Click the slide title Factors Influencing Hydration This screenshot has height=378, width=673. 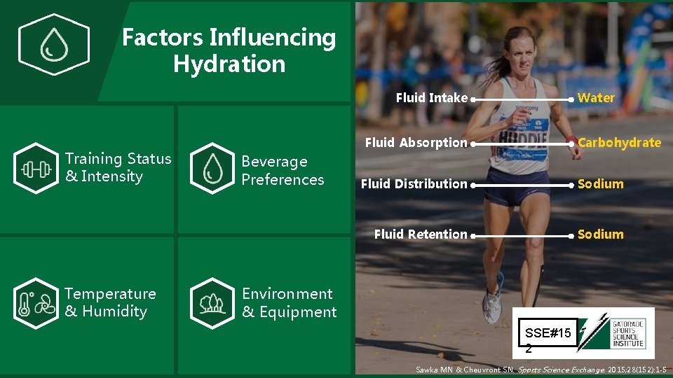pyautogui.click(x=229, y=50)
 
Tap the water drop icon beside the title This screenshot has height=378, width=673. pyautogui.click(x=53, y=45)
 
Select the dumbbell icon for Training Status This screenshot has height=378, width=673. pyautogui.click(x=35, y=168)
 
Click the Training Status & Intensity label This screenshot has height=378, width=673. pyautogui.click(x=118, y=167)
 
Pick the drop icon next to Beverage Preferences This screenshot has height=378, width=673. pyautogui.click(x=212, y=168)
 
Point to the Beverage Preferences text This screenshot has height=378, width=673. pyautogui.click(x=283, y=170)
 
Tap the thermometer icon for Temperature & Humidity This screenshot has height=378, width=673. pyautogui.click(x=35, y=303)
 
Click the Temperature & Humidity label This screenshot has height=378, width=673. pyautogui.click(x=110, y=302)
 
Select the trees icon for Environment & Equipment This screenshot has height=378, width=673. pyautogui.click(x=212, y=303)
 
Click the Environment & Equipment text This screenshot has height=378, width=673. pyautogui.click(x=289, y=302)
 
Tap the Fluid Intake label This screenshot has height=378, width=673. pyautogui.click(x=431, y=98)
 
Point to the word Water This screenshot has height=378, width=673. pyautogui.click(x=596, y=98)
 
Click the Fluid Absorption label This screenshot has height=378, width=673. pyautogui.click(x=416, y=143)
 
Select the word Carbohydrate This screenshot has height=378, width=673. pyautogui.click(x=619, y=143)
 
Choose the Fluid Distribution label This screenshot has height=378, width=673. pyautogui.click(x=414, y=184)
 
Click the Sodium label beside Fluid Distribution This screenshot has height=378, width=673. pyautogui.click(x=600, y=184)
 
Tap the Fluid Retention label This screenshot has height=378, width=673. pyautogui.click(x=420, y=234)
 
